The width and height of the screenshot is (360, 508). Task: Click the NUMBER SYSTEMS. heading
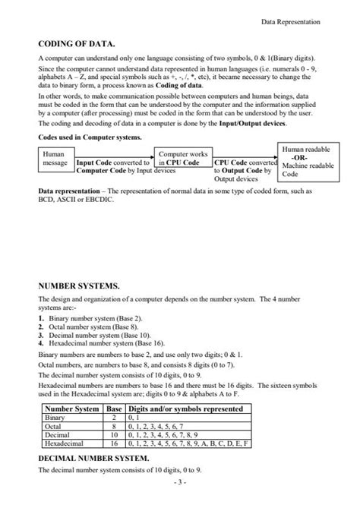79,286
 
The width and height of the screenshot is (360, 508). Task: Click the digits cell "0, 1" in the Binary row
134,418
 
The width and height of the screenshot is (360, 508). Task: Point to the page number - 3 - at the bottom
179,482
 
